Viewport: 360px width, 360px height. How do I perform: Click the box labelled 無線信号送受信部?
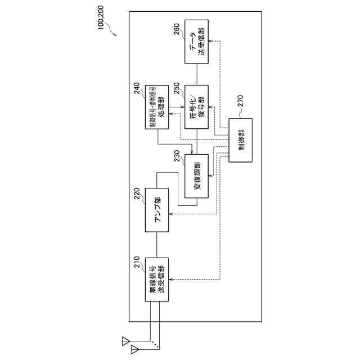click(x=157, y=280)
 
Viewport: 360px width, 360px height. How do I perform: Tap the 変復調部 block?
click(x=197, y=175)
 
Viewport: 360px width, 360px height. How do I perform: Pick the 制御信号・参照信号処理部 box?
click(x=157, y=107)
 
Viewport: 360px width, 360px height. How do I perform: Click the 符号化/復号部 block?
click(x=197, y=107)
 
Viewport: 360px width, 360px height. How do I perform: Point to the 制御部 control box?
click(x=241, y=140)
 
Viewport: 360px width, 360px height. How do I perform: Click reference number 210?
click(x=137, y=263)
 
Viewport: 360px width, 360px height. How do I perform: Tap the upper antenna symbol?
click(x=125, y=340)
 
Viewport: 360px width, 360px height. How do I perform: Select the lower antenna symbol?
click(x=134, y=350)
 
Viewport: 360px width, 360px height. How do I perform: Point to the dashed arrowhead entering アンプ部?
click(x=172, y=213)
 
